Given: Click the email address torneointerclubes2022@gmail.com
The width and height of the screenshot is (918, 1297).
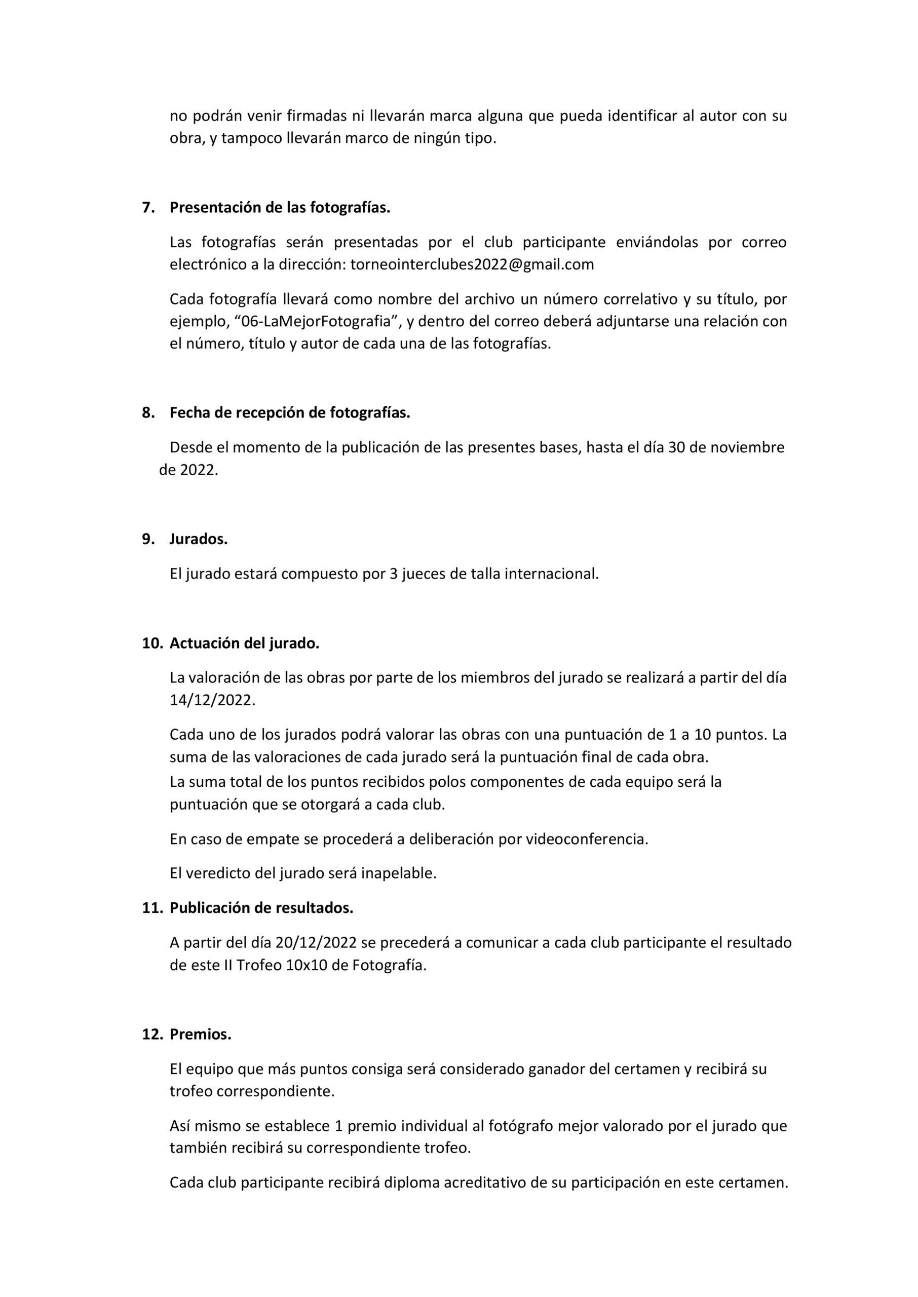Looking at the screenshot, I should [x=472, y=264].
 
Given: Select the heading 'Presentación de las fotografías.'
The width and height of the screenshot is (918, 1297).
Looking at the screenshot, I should [x=280, y=207].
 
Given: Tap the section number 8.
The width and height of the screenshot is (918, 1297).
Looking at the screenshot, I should [x=147, y=413].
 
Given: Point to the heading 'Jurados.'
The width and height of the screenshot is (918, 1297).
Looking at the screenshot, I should [x=199, y=539].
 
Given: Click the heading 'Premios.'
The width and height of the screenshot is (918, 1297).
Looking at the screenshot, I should [x=201, y=1034].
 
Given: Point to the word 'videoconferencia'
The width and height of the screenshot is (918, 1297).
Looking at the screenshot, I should [x=586, y=839].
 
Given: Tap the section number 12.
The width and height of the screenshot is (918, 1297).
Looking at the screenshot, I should [x=152, y=1034].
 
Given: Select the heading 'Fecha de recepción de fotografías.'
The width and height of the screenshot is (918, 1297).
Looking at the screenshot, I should [x=289, y=413].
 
